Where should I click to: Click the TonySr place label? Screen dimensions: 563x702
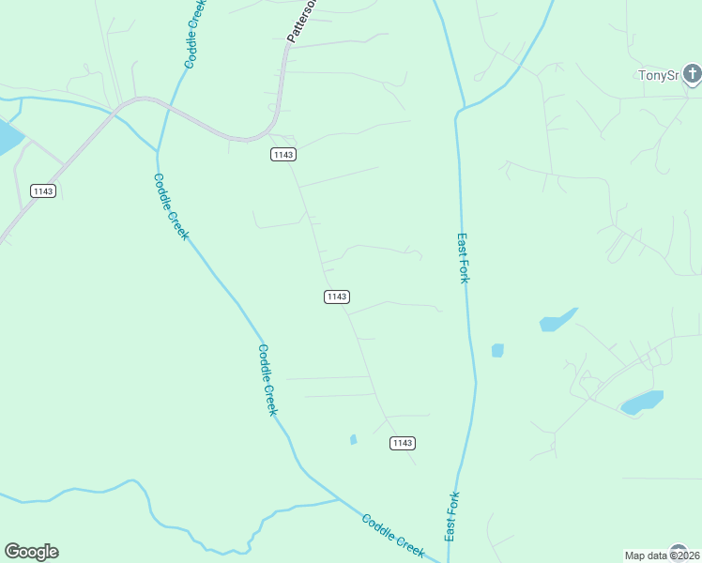[657, 75]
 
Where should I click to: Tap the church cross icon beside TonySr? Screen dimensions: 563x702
[692, 73]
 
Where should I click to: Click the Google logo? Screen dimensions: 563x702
[31, 552]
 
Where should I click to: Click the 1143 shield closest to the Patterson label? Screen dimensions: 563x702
[283, 154]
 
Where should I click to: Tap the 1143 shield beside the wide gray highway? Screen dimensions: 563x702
[43, 190]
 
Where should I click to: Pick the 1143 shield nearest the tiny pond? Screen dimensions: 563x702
[402, 443]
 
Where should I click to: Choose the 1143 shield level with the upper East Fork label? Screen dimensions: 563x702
[337, 297]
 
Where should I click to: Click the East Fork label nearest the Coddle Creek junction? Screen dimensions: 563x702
[451, 516]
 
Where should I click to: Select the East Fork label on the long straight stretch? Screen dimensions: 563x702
[463, 259]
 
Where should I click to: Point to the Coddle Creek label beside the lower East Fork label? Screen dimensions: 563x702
[393, 537]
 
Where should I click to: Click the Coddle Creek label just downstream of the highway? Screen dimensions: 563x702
[171, 206]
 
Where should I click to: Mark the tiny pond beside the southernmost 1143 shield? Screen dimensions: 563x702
[353, 439]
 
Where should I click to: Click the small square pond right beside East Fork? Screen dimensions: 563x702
[497, 350]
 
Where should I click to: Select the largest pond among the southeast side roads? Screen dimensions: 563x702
[643, 403]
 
